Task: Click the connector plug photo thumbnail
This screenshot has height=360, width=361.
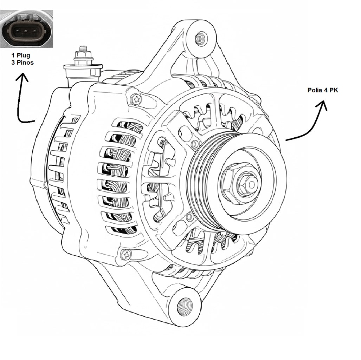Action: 26,28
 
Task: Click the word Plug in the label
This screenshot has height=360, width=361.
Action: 23,55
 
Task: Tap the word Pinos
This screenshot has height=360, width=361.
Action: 25,63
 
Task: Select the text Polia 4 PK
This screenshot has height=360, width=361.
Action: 323,90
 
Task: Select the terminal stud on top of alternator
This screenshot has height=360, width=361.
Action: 83,53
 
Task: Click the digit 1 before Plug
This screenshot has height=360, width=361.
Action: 13,55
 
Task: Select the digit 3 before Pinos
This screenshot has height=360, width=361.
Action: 13,63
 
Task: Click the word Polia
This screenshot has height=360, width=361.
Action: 314,90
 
